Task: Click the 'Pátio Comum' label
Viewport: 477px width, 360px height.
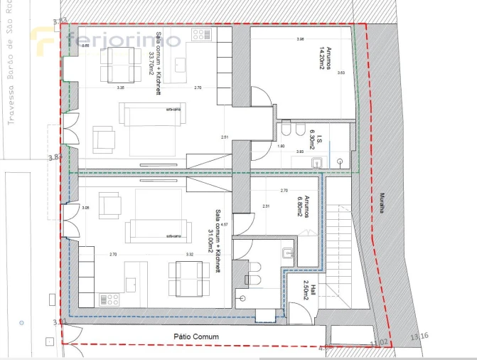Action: click(x=199, y=337)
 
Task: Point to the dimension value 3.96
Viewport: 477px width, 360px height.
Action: click(x=300, y=40)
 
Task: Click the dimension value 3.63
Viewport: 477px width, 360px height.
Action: click(x=341, y=73)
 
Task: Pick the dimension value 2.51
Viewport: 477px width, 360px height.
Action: click(x=225, y=137)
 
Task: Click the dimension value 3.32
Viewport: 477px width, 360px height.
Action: click(x=190, y=254)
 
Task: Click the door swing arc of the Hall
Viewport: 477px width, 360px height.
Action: click(x=293, y=307)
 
